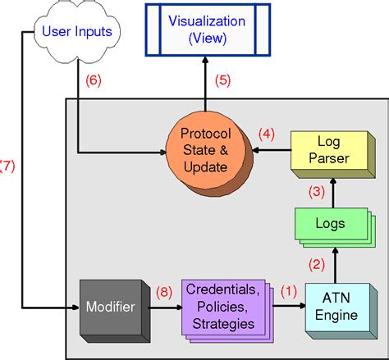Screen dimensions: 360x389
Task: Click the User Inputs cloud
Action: point(81,33)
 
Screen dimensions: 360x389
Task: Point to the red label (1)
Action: point(288,289)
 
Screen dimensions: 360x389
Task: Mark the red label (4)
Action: point(268,133)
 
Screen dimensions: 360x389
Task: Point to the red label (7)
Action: point(7,165)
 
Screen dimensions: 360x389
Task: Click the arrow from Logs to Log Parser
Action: point(334,192)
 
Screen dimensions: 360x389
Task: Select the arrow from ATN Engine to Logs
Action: point(334,262)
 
